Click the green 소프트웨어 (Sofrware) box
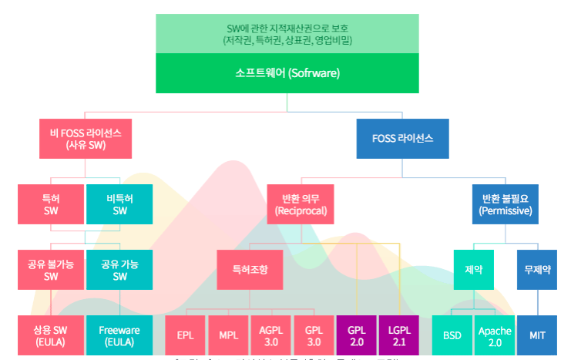[287, 73]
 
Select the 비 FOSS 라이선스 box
[86, 139]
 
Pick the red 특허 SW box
[51, 204]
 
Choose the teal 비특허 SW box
[120, 204]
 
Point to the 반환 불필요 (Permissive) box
[505, 204]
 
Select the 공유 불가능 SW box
[51, 269]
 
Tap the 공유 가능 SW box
[120, 269]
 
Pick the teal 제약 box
[474, 270]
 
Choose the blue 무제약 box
[537, 270]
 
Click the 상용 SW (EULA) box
[51, 335]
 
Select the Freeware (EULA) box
[120, 335]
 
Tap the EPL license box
[185, 335]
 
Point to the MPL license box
[228, 335]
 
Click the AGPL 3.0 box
[271, 335]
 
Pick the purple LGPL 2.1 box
[398, 335]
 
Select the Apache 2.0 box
[495, 335]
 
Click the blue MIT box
[537, 335]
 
